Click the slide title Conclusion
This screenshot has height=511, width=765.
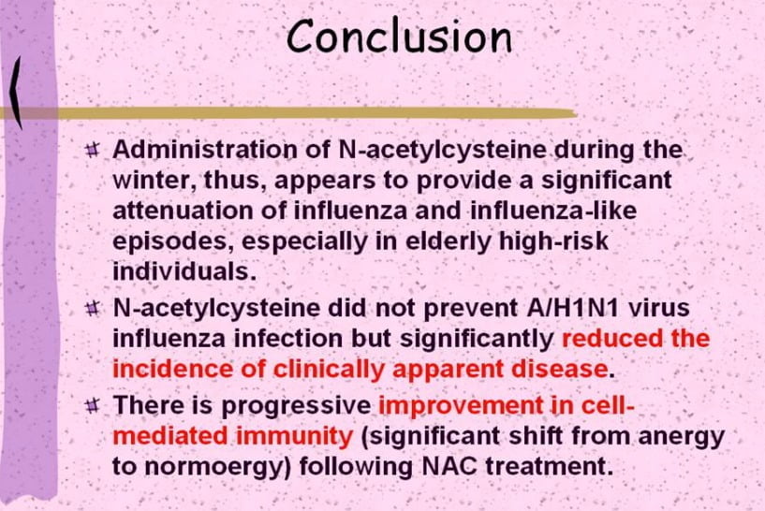399,36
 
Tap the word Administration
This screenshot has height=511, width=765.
205,149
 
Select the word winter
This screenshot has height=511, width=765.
154,181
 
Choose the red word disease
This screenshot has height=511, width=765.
558,369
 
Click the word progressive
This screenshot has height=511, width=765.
296,406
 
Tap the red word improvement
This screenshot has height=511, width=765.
461,406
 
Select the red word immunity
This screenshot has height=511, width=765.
294,437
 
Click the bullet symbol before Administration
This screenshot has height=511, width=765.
92,149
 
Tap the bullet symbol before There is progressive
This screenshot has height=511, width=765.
92,405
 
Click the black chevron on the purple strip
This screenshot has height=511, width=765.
16,93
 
